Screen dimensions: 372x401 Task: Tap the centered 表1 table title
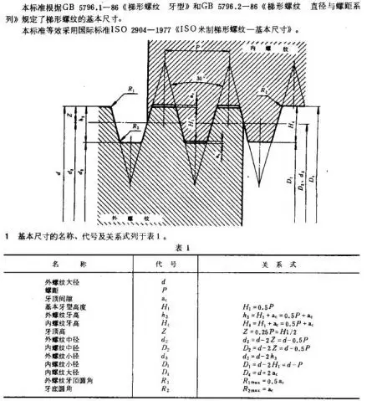185,249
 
